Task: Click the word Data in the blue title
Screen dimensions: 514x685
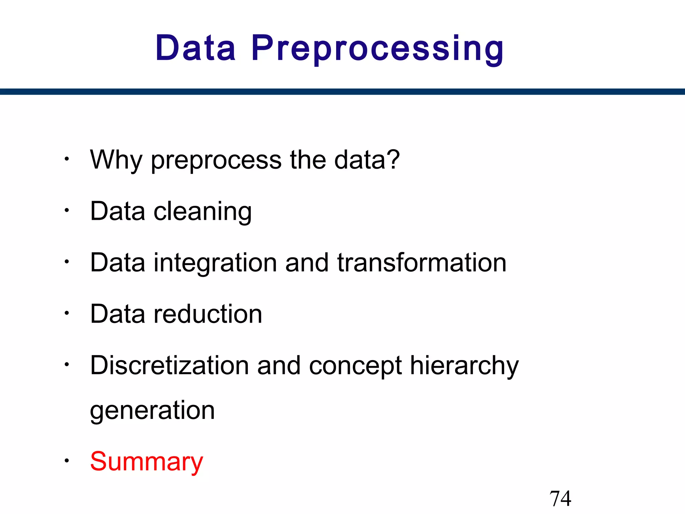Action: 195,48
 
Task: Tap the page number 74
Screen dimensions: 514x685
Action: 560,499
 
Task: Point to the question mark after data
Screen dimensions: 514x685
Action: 392,159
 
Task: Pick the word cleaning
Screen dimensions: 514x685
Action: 202,211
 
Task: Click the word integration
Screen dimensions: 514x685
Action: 215,263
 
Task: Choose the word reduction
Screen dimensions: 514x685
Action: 208,314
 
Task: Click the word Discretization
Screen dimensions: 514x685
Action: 169,365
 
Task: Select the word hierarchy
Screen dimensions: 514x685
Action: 464,366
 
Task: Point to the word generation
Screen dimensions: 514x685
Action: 152,411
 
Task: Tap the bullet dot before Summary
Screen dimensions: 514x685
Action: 67,461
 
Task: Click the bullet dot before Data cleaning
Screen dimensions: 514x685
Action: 67,210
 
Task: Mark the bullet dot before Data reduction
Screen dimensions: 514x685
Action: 67,313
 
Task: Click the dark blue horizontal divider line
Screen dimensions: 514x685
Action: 342,92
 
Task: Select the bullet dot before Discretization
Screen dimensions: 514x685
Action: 67,364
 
